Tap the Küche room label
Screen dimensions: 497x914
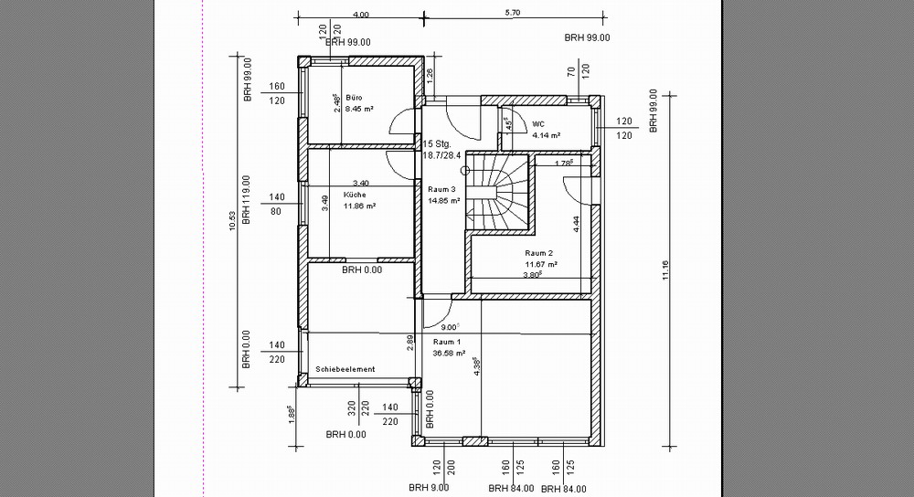(x=355, y=195)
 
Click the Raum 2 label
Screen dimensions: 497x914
(x=539, y=252)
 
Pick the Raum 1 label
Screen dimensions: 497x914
(x=447, y=341)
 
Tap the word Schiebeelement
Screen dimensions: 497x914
(x=345, y=369)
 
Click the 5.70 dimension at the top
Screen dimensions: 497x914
(x=512, y=14)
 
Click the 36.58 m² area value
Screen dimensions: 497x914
(x=449, y=353)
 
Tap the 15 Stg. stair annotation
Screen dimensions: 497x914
(x=439, y=143)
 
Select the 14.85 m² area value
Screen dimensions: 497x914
(x=443, y=201)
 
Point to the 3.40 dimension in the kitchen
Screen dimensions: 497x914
(x=360, y=183)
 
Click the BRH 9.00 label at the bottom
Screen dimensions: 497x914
(x=430, y=489)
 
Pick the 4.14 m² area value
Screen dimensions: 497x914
(x=546, y=135)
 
